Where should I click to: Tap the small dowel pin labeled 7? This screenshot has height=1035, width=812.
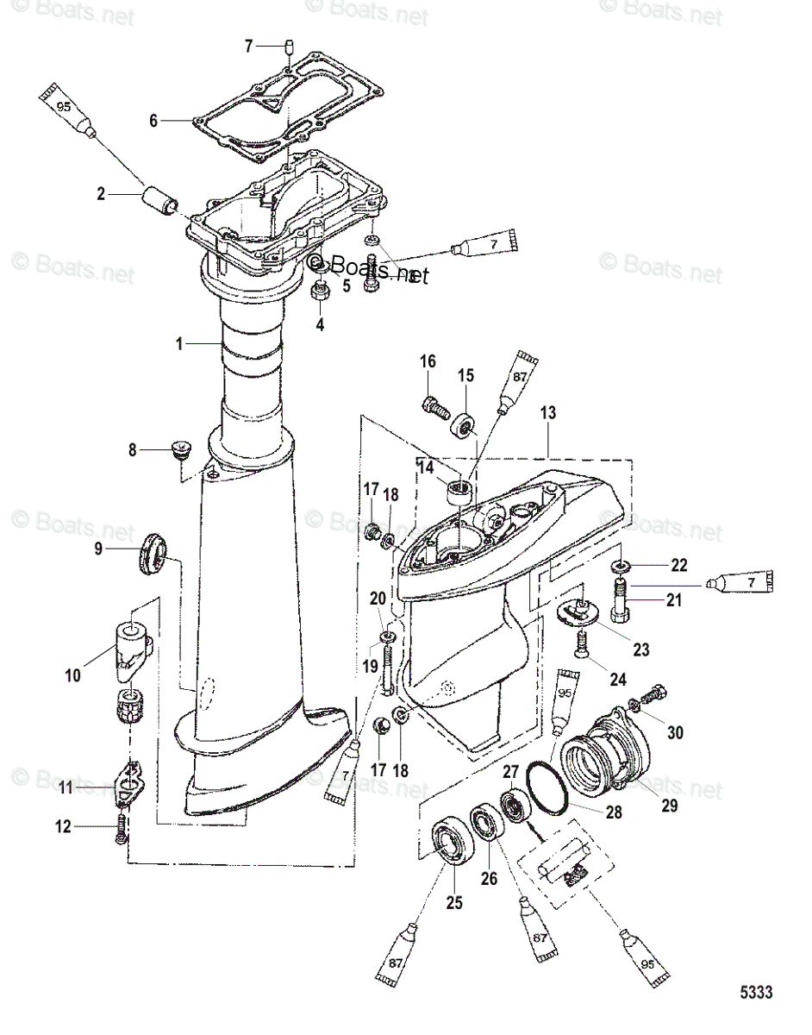click(x=291, y=47)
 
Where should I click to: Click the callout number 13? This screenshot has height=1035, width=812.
click(x=548, y=414)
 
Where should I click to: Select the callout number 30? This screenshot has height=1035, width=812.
click(x=675, y=732)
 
